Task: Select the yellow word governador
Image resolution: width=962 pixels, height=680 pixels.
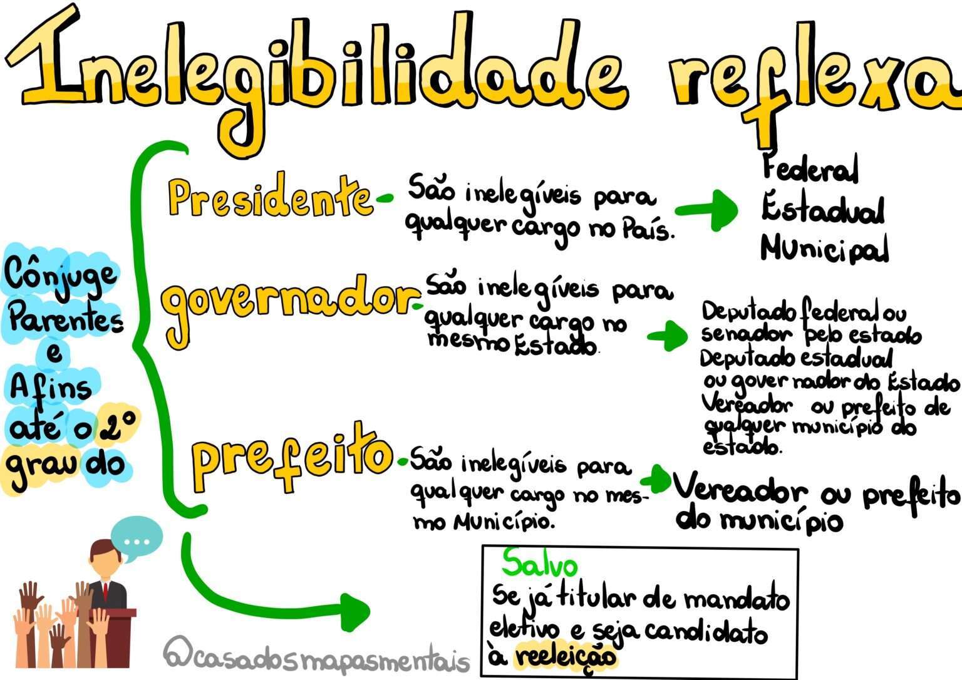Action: point(290,307)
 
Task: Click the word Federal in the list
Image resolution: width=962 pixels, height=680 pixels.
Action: point(810,168)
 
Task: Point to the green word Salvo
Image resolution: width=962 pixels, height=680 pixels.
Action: point(540,564)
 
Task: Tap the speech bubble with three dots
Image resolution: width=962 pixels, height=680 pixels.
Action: point(137,538)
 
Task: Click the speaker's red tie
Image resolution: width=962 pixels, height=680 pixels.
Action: point(105,592)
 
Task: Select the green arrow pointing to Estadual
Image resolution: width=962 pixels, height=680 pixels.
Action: point(706,210)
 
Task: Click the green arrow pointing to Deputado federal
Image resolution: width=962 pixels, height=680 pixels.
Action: point(668,336)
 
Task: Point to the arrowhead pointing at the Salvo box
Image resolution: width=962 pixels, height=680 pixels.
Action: point(354,612)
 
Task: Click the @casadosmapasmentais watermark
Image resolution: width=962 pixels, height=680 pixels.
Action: point(316,657)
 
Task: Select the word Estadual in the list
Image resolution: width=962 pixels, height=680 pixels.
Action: point(823,210)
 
